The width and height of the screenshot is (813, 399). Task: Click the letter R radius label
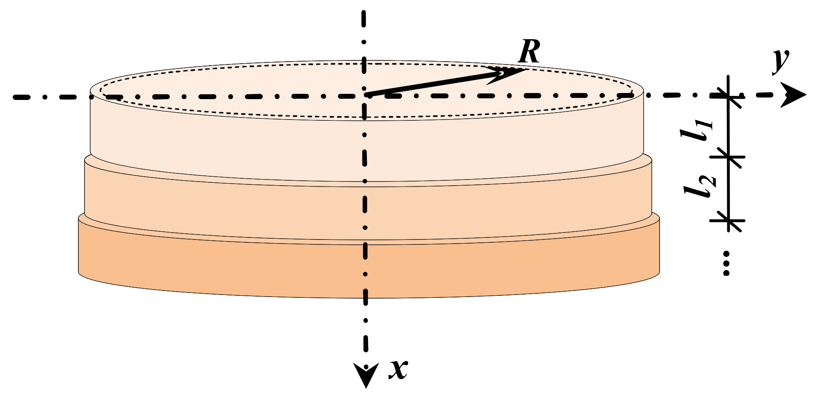coord(529,52)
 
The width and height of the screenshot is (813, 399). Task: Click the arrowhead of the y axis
coord(794,95)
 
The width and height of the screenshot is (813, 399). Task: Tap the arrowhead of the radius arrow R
coord(506,73)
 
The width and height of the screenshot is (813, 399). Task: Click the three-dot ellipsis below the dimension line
coord(726,263)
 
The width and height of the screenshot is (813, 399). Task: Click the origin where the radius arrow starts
coord(367,95)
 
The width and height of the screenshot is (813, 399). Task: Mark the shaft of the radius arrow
coord(433,84)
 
